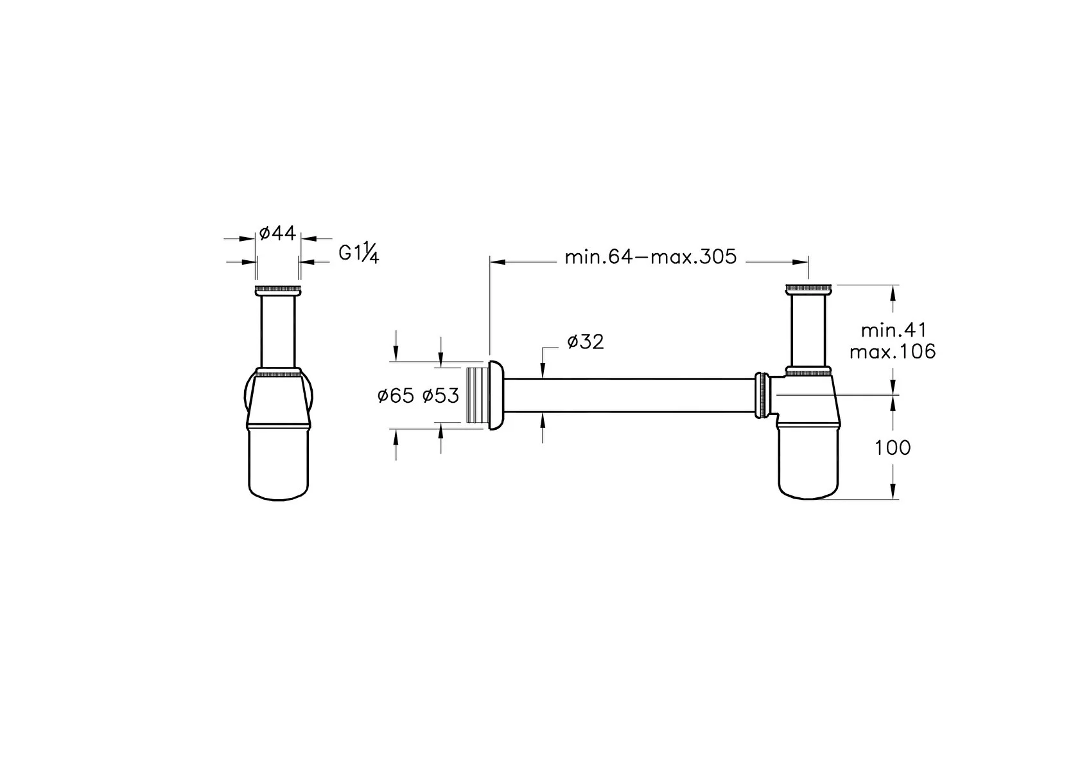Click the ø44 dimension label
click(277, 234)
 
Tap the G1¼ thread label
click(359, 254)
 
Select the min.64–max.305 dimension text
click(650, 257)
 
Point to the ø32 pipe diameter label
click(586, 342)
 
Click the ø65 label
click(396, 396)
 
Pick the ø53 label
click(441, 396)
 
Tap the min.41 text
click(894, 330)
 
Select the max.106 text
click(893, 352)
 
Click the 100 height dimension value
click(893, 448)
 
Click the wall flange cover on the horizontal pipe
click(496, 395)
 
